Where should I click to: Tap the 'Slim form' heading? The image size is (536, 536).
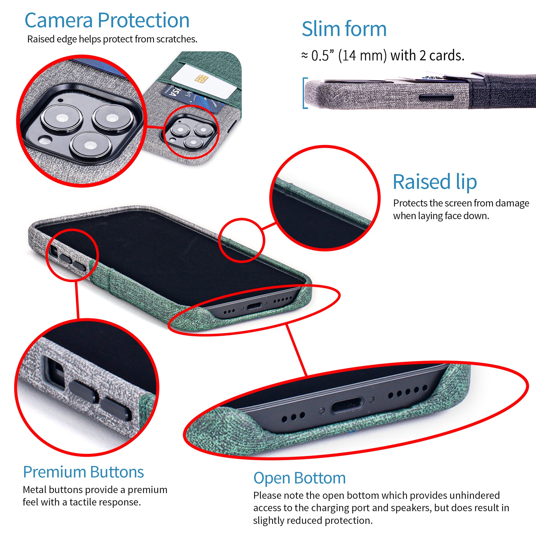pos(344,29)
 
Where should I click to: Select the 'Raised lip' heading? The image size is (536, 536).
pos(435,182)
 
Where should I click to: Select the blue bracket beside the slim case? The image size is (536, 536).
pos(305,93)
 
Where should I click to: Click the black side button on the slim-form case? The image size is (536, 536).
pos(436,98)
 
